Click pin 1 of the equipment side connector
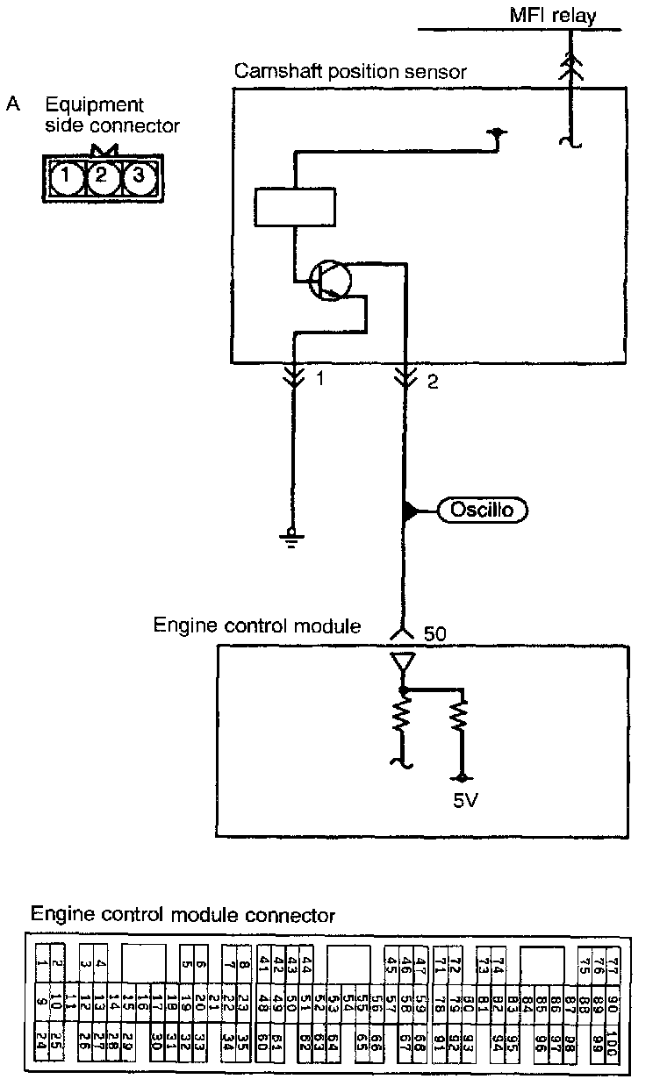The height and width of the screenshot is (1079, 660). (x=66, y=178)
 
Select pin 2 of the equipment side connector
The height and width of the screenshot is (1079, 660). (x=102, y=178)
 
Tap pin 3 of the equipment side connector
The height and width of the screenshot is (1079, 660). (x=137, y=178)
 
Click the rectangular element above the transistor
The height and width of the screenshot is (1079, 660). (x=294, y=208)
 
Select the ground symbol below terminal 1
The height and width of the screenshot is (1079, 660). (x=294, y=536)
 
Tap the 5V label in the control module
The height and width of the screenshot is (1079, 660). (x=465, y=800)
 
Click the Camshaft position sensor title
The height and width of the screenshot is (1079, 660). (x=350, y=71)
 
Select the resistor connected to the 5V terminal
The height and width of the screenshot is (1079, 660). (x=458, y=725)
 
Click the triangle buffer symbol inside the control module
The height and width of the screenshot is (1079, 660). (x=403, y=665)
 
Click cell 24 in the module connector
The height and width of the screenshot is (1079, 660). (x=40, y=1041)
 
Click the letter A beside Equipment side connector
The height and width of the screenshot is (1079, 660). (x=13, y=104)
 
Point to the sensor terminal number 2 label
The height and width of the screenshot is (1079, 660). (x=431, y=382)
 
